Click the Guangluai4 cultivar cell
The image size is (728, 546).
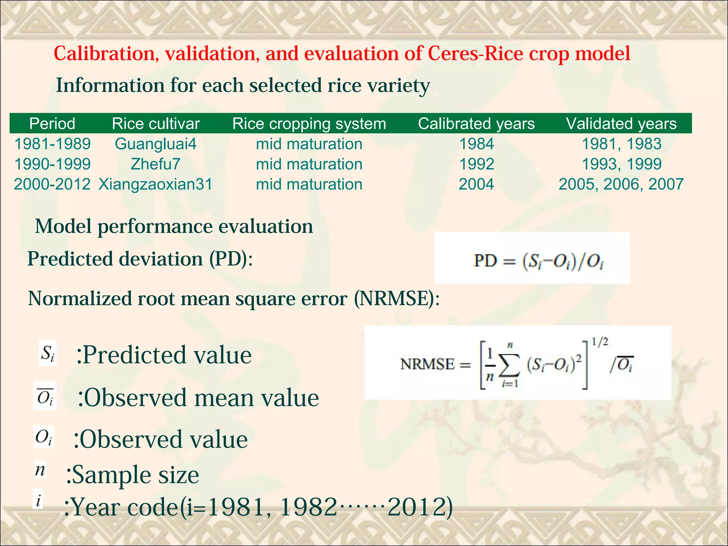(x=155, y=144)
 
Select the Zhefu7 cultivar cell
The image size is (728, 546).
(x=155, y=164)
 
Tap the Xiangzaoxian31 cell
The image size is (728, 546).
(x=155, y=184)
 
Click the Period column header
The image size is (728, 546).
(x=52, y=124)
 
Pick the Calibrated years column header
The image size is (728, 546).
(x=476, y=124)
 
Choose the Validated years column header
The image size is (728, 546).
(x=621, y=124)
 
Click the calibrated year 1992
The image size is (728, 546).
(x=476, y=164)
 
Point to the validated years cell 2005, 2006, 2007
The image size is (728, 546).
(x=621, y=184)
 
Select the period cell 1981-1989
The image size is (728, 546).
(x=52, y=144)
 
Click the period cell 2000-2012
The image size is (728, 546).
(x=52, y=184)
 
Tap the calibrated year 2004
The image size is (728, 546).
(x=476, y=184)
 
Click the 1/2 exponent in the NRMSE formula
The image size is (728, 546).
(x=600, y=342)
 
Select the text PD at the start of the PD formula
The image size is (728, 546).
(x=485, y=261)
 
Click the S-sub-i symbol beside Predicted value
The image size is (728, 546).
(x=48, y=354)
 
